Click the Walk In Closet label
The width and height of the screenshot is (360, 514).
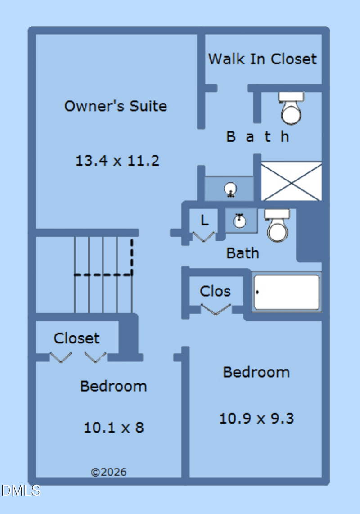[262, 59]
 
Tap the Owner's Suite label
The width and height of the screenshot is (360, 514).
[115, 106]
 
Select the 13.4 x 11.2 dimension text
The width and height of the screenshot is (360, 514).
[117, 161]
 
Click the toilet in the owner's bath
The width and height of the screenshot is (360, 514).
[291, 108]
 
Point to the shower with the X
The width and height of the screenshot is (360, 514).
[291, 181]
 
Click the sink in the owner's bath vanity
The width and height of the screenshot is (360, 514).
[230, 189]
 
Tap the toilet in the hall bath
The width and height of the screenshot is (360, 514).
[277, 225]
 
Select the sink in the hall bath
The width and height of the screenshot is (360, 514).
[240, 220]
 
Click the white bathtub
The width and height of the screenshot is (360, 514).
[287, 292]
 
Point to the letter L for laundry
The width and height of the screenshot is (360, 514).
[205, 220]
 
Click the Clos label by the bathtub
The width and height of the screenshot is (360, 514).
[215, 291]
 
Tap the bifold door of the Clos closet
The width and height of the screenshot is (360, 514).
[216, 309]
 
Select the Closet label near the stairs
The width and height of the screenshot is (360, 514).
[76, 338]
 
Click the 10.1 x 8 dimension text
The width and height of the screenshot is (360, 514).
[114, 428]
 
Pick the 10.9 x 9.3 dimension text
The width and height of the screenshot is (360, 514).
[256, 419]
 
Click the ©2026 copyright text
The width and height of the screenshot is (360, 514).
[108, 472]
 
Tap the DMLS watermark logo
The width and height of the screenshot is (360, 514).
[21, 491]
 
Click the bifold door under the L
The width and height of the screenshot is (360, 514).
[203, 237]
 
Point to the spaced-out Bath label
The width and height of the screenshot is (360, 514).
[258, 137]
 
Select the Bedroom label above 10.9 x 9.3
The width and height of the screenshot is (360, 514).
[256, 372]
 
